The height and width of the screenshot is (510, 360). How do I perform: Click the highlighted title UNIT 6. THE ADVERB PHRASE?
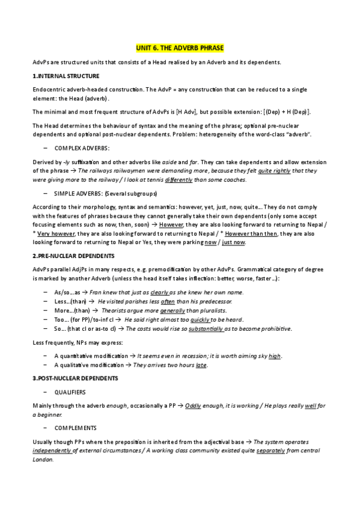(x=180, y=48)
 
